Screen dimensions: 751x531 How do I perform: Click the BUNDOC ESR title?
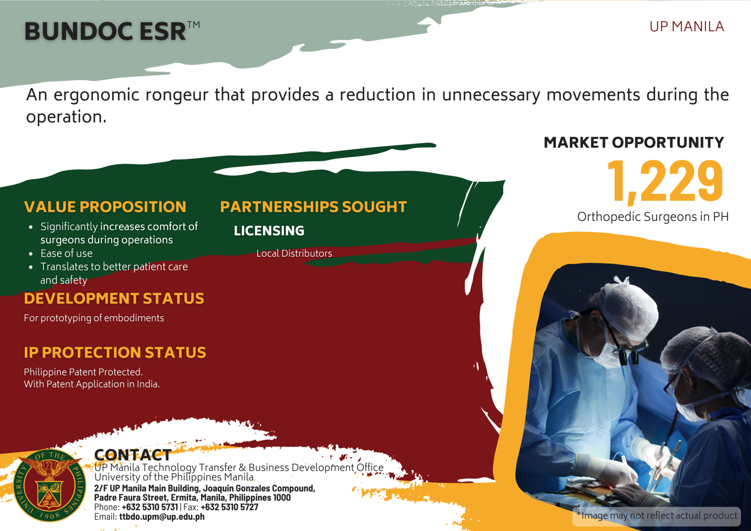click(x=112, y=31)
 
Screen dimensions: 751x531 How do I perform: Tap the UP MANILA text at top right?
click(x=686, y=27)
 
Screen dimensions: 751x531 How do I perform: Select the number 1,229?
click(x=665, y=182)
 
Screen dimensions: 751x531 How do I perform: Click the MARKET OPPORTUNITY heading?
click(x=634, y=142)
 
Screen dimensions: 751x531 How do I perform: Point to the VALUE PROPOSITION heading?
click(x=105, y=207)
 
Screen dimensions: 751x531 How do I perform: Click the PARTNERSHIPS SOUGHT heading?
click(x=314, y=207)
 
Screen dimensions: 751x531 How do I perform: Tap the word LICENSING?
click(x=269, y=231)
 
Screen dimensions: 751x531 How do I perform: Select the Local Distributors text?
click(x=294, y=253)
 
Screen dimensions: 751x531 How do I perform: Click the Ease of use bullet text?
click(x=66, y=253)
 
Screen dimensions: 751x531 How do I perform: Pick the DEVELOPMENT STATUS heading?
click(x=114, y=299)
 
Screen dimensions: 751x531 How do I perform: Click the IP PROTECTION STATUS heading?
click(x=115, y=352)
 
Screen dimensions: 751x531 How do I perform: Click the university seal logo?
click(x=50, y=485)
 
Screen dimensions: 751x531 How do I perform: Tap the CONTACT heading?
click(x=133, y=455)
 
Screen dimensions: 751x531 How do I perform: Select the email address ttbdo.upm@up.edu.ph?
click(x=162, y=517)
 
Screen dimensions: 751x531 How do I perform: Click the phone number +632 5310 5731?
click(x=150, y=507)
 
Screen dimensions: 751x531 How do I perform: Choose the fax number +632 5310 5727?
click(x=230, y=507)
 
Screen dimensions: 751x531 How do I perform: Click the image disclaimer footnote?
click(x=657, y=516)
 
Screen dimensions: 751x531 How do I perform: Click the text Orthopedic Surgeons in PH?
click(x=653, y=217)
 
